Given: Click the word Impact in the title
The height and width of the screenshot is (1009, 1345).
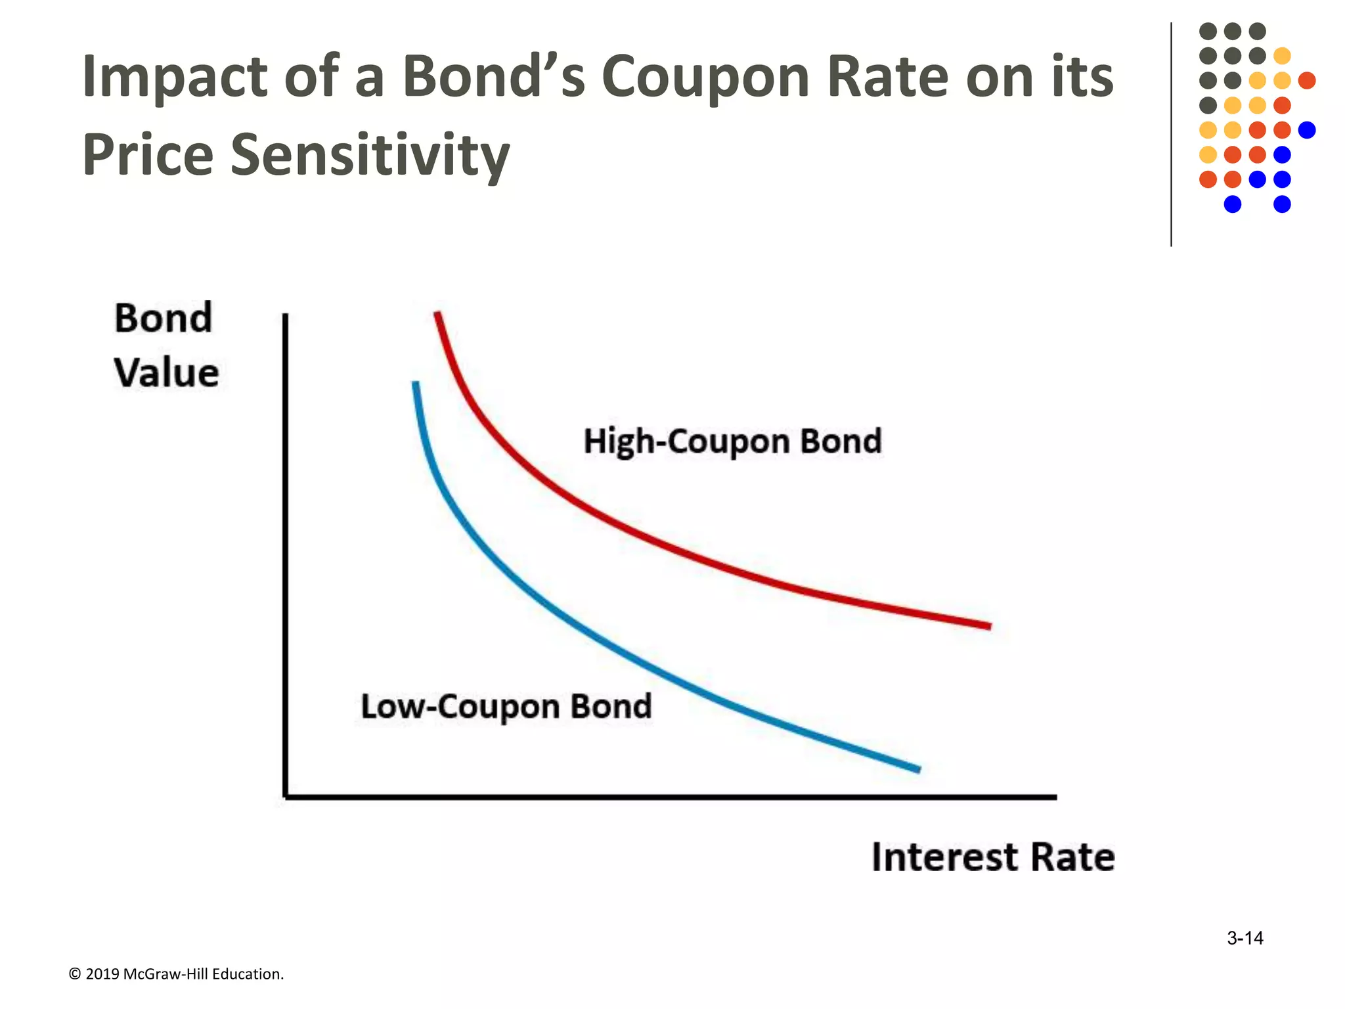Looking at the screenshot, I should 174,77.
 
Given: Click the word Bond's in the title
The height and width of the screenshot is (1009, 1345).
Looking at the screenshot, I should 493,77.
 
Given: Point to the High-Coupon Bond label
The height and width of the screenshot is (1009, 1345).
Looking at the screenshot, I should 732,441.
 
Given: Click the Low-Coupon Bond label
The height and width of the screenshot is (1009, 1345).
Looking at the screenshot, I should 506,707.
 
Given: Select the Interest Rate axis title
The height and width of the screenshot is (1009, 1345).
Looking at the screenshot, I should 993,857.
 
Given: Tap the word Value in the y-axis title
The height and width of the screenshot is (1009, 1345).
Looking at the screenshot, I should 166,373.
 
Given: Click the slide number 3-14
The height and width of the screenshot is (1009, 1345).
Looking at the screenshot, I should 1245,938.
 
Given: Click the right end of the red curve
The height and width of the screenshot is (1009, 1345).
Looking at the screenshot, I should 989,626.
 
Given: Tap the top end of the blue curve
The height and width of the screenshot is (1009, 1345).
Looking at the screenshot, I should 415,383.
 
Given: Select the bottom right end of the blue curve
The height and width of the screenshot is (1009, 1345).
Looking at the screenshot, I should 918,769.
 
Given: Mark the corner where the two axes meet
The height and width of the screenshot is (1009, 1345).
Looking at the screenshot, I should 286,797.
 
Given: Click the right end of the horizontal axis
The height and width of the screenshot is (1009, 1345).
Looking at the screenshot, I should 1055,797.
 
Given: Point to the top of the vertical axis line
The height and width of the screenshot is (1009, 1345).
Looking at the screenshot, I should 286,316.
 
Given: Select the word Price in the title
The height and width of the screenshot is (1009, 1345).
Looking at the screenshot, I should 148,155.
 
